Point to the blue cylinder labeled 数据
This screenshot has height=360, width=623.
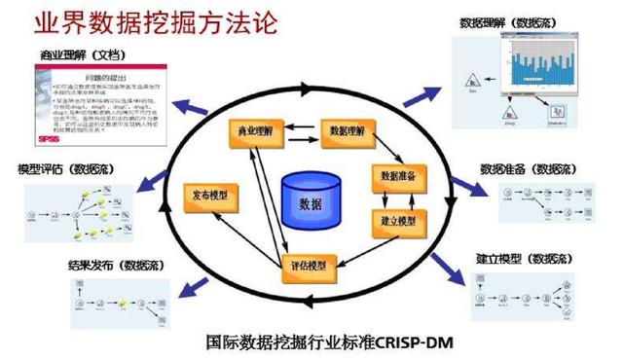click(x=309, y=199)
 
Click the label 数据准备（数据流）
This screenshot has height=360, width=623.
click(x=526, y=168)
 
